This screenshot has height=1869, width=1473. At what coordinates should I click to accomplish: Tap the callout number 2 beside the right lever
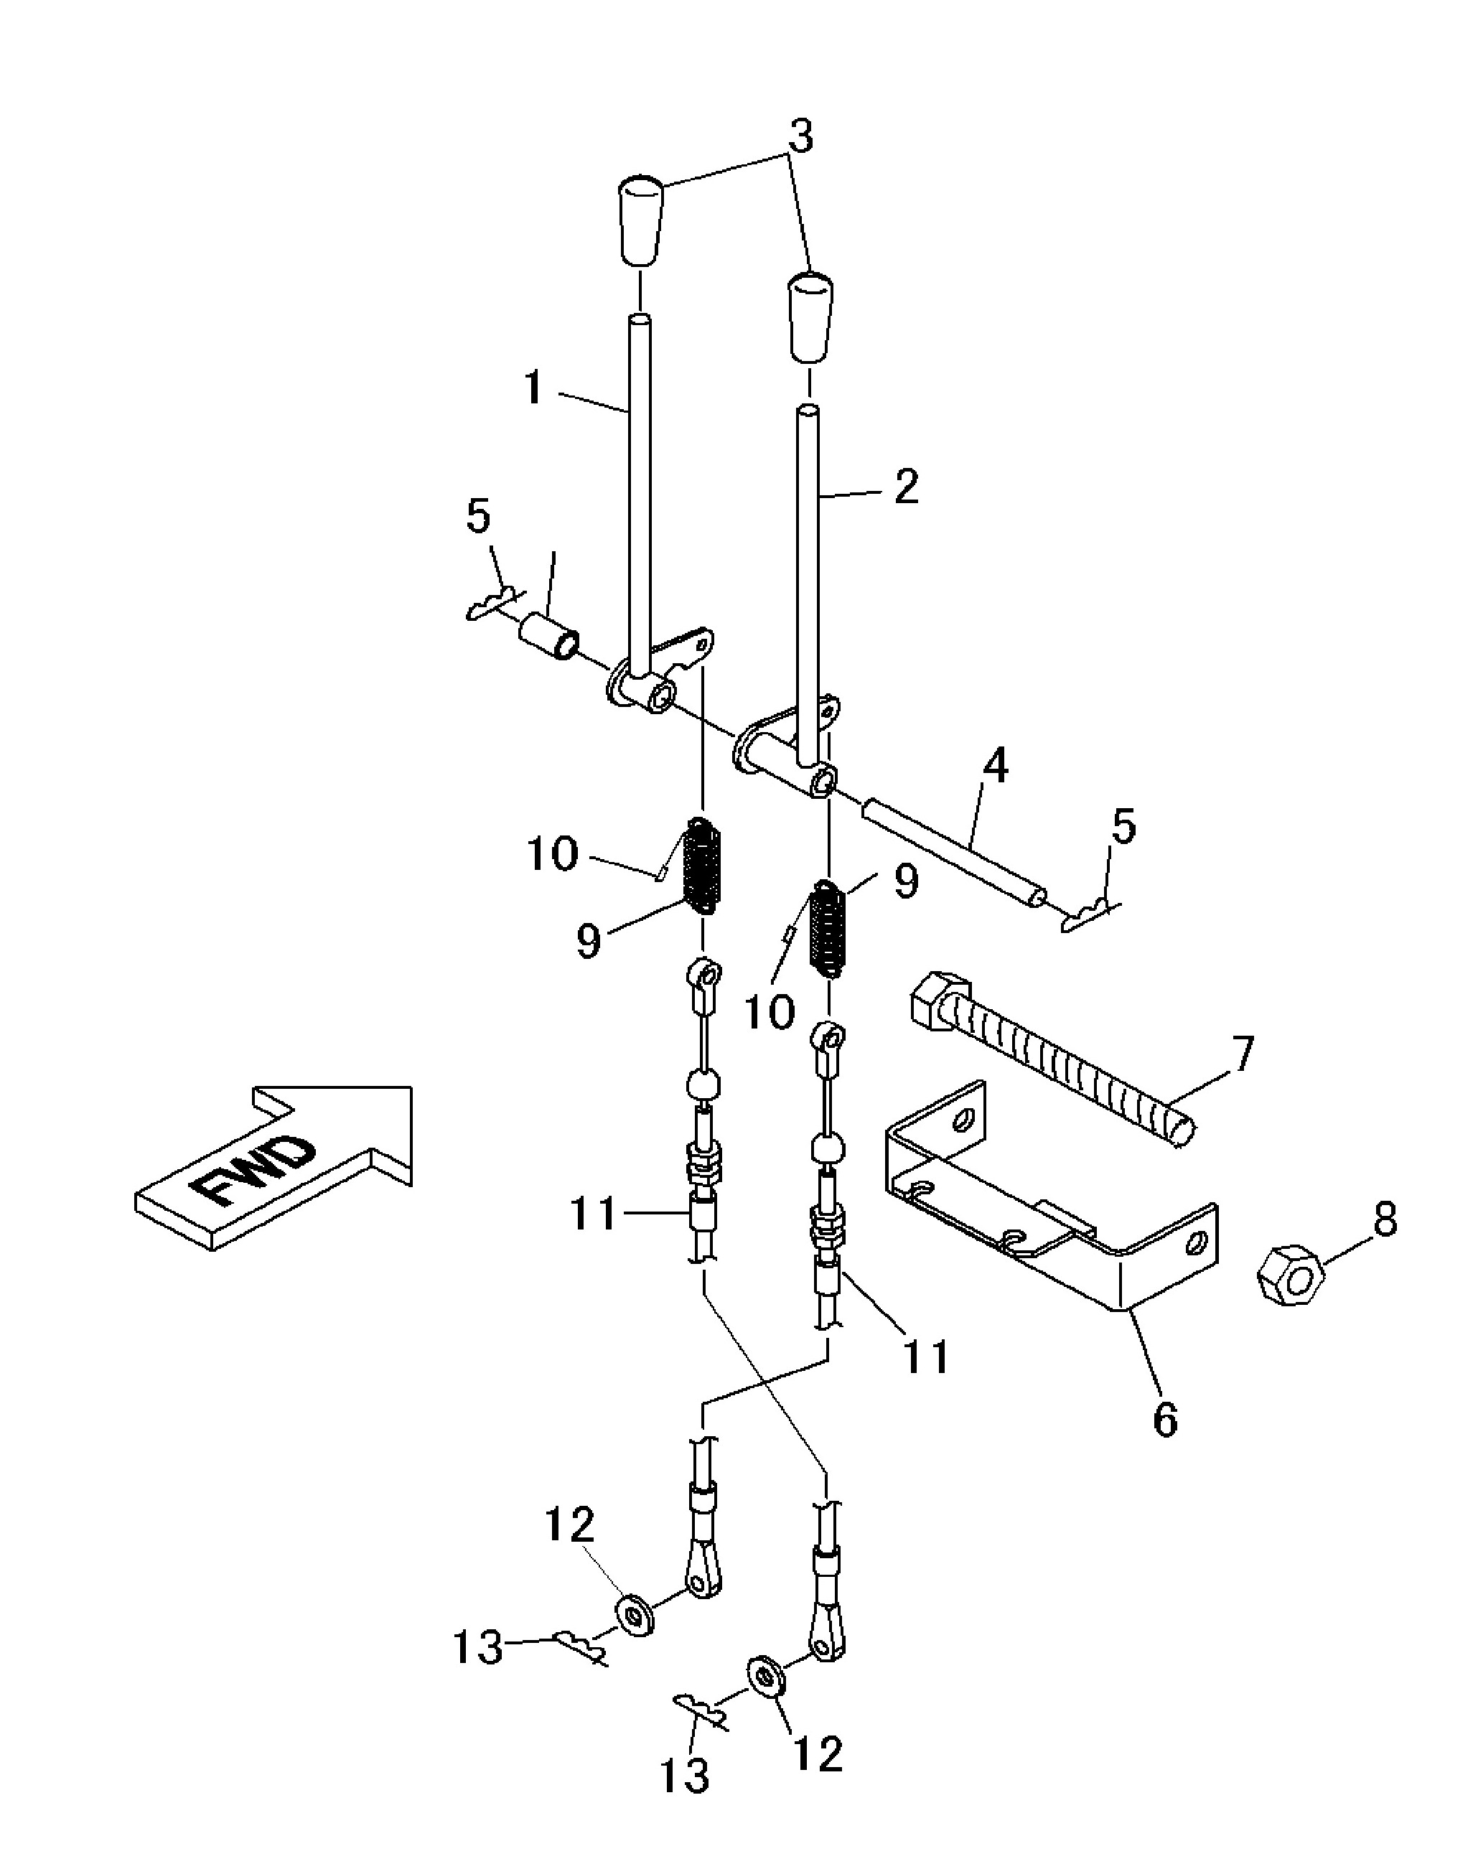pyautogui.click(x=904, y=487)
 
